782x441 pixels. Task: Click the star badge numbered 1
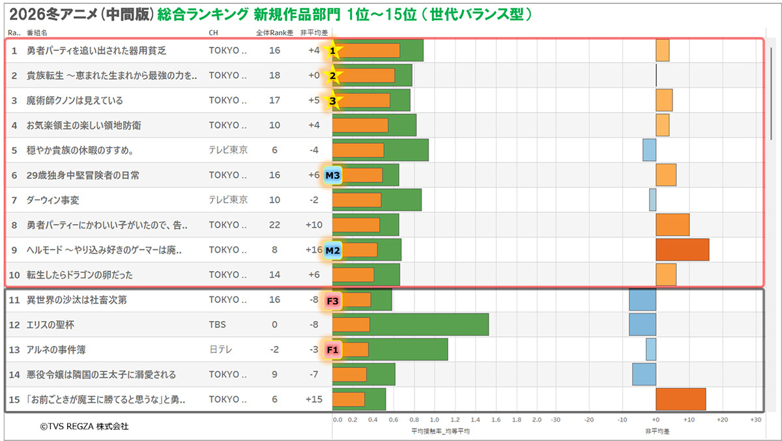333,50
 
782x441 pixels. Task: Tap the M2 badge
333,250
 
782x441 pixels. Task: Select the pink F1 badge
332,350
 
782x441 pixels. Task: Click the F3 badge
332,300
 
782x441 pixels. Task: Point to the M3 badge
333,175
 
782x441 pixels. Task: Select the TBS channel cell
217,324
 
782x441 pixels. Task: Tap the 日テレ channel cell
220,350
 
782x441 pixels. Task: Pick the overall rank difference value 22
274,225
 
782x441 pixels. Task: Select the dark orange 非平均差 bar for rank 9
682,250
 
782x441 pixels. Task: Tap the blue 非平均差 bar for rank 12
642,324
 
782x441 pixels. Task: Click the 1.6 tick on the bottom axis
496,420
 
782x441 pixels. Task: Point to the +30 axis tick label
755,420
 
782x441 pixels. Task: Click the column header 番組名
36,32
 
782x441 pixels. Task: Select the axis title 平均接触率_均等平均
440,431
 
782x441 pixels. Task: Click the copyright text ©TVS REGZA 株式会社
84,427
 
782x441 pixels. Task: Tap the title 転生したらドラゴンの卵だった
80,275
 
